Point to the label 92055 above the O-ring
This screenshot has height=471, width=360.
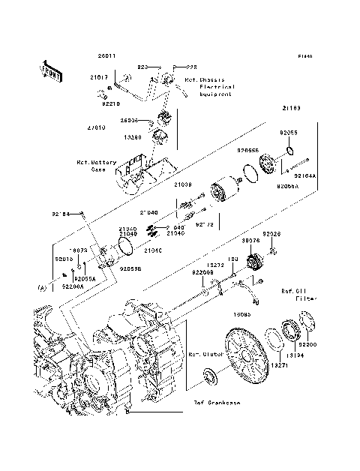coord(289,133)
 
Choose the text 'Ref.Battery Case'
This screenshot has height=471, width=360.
coord(91,165)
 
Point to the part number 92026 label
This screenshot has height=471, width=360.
coord(271,235)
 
